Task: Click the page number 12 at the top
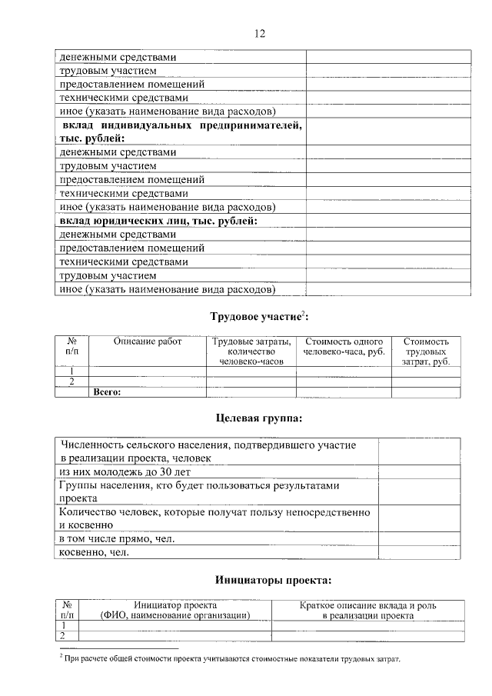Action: click(x=259, y=33)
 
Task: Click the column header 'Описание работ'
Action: click(x=147, y=341)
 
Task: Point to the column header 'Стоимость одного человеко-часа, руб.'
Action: click(x=344, y=346)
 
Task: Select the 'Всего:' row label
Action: click(x=108, y=391)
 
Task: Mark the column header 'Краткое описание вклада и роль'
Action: click(x=367, y=605)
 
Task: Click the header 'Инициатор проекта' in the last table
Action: click(x=175, y=605)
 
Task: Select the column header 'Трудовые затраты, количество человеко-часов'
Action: click(x=251, y=351)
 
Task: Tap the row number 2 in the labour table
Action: click(x=72, y=381)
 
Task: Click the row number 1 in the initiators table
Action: click(x=67, y=625)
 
